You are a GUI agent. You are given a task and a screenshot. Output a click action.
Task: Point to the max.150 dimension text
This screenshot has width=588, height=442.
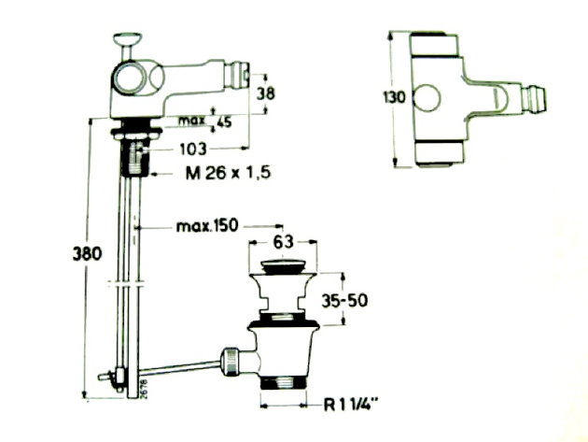pos(207,227)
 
